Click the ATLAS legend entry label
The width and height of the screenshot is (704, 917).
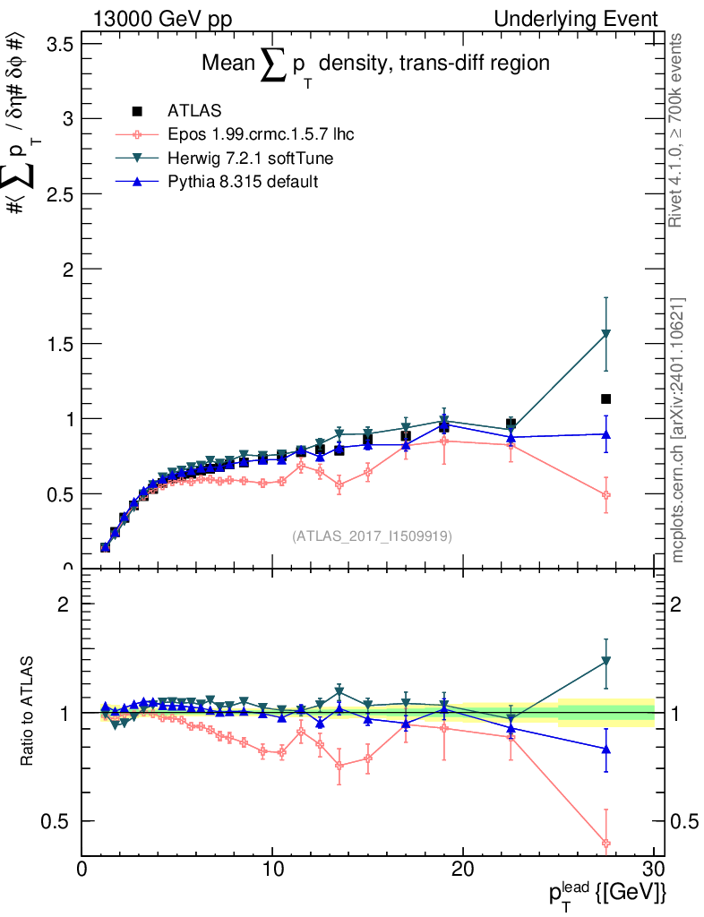(x=195, y=111)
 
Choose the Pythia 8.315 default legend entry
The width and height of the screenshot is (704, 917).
(x=243, y=182)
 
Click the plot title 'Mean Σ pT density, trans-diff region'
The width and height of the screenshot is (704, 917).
(x=375, y=65)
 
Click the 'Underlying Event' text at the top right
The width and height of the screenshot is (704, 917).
(x=588, y=19)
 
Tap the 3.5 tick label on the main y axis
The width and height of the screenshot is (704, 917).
(x=57, y=44)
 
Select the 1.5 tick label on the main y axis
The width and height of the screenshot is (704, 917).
(x=57, y=344)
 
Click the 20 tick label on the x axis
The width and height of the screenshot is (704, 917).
(x=463, y=870)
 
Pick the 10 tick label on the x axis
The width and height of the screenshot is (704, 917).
(x=272, y=870)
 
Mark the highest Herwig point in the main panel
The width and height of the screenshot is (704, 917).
(x=605, y=334)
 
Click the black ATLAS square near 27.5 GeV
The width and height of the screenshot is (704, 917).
(x=605, y=399)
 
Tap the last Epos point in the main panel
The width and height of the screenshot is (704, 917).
(x=605, y=494)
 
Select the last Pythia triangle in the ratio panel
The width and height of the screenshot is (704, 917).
(x=605, y=749)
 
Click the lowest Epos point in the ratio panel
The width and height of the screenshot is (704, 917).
(x=605, y=843)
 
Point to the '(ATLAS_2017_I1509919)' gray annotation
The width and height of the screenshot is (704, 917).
(x=372, y=536)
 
